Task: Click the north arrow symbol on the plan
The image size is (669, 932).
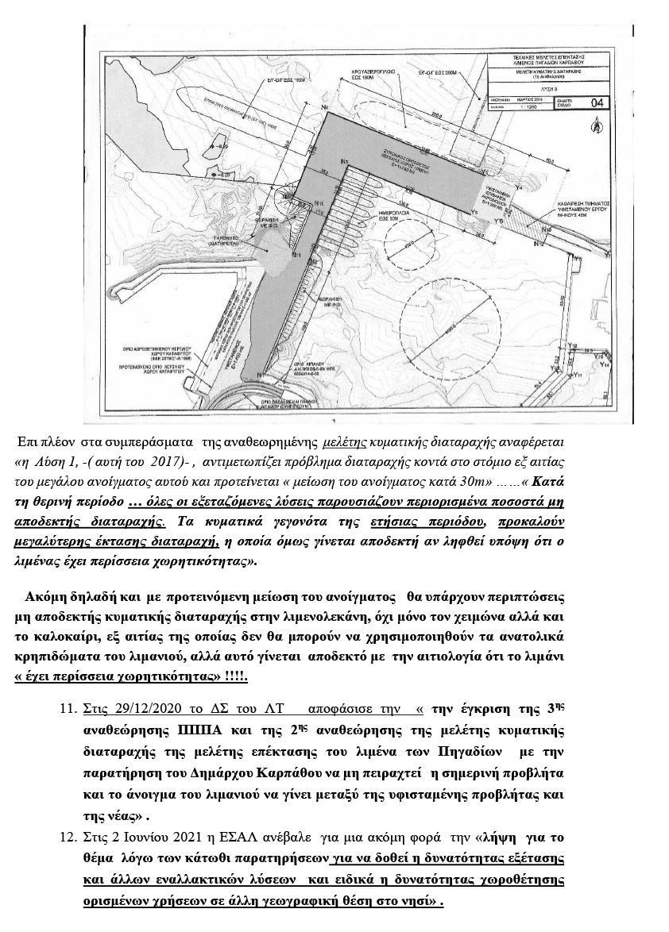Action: point(593,123)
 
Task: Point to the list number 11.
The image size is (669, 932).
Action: point(68,685)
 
